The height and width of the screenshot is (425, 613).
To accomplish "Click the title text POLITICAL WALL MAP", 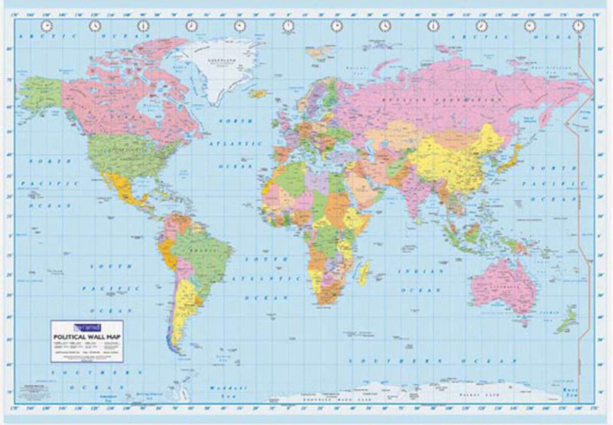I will click(x=86, y=336).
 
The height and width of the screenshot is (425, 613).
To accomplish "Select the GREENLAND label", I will click(x=220, y=60).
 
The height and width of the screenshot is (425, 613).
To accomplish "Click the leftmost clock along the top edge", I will click(x=48, y=26).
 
